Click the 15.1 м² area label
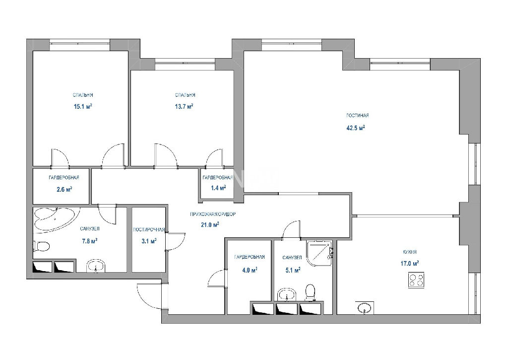(x=83, y=106)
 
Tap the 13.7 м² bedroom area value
(x=184, y=106)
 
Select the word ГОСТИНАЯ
(x=357, y=116)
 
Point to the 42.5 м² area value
(x=356, y=128)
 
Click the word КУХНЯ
(x=410, y=252)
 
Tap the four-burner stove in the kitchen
(x=416, y=280)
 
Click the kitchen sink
(x=365, y=308)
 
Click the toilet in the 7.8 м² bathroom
(x=41, y=246)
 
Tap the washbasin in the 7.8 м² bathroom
(x=96, y=266)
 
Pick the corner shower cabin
(x=319, y=253)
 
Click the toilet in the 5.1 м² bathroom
(x=311, y=293)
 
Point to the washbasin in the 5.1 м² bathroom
(x=287, y=295)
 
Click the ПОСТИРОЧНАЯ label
(x=149, y=229)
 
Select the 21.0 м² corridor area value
(x=210, y=224)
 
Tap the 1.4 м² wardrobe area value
(x=218, y=188)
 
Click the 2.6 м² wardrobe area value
(x=64, y=189)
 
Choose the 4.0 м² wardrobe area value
(x=250, y=270)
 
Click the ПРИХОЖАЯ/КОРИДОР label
(x=213, y=215)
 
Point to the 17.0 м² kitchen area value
(x=409, y=264)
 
